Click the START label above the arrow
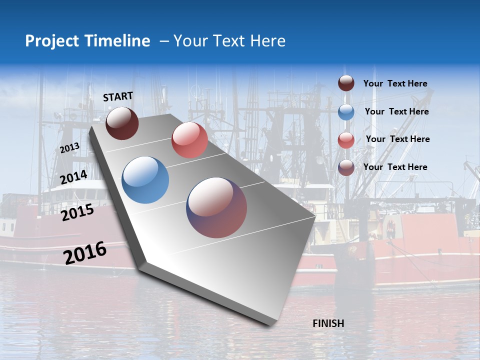[118, 96]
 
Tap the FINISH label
[328, 323]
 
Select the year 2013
[69, 148]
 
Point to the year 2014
[73, 177]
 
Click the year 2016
[85, 253]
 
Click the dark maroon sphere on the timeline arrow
[122, 123]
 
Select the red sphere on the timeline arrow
[189, 140]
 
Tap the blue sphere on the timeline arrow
[145, 180]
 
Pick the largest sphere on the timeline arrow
[216, 207]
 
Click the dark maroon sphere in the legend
[346, 83]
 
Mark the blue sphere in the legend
[346, 111]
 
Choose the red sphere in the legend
[346, 139]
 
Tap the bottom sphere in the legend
[346, 167]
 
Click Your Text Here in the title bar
[229, 41]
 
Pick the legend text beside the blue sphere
[396, 111]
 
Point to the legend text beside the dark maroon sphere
[395, 83]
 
